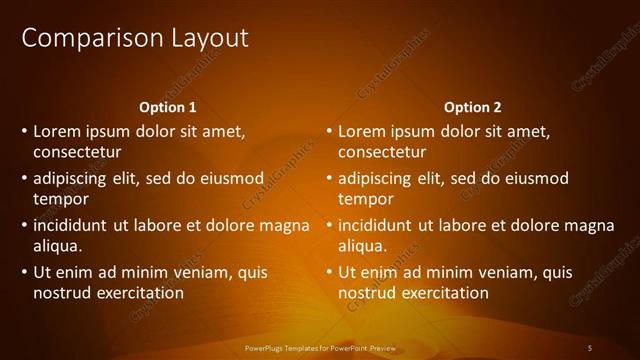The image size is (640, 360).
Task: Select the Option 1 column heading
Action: pyautogui.click(x=166, y=107)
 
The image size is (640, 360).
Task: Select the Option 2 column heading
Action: pyautogui.click(x=472, y=107)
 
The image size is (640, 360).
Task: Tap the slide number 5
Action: pyautogui.click(x=590, y=347)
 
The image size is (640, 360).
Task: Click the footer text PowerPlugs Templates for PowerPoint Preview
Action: pyautogui.click(x=320, y=347)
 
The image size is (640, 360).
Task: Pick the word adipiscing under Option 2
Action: pyautogui.click(x=374, y=179)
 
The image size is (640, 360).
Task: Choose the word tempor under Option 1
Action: pyautogui.click(x=60, y=200)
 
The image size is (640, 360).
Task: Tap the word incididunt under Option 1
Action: pyautogui.click(x=73, y=225)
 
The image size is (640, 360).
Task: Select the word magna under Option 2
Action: pyautogui.click(x=591, y=225)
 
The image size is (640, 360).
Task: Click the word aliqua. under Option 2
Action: pyautogui.click(x=363, y=246)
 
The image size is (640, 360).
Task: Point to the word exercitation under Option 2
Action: pyautogui.click(x=443, y=293)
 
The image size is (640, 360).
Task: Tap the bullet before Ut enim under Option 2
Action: pyautogui.click(x=328, y=272)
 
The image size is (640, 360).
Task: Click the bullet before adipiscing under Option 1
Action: pyautogui.click(x=23, y=179)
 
